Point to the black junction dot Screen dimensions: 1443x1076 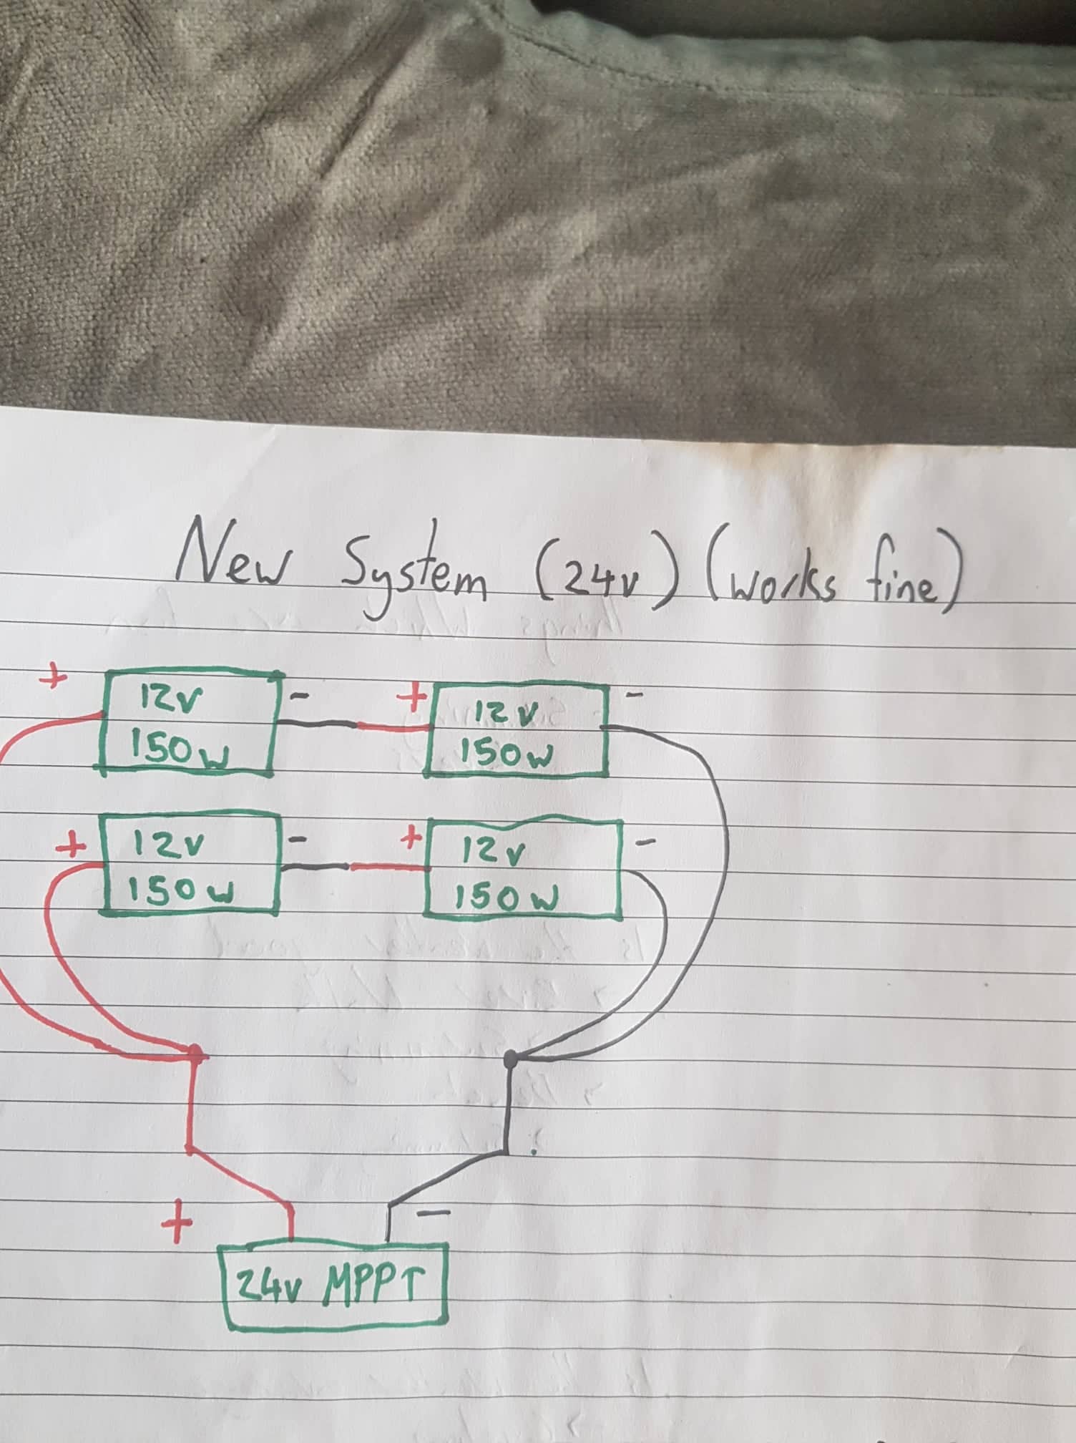pos(511,1057)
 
